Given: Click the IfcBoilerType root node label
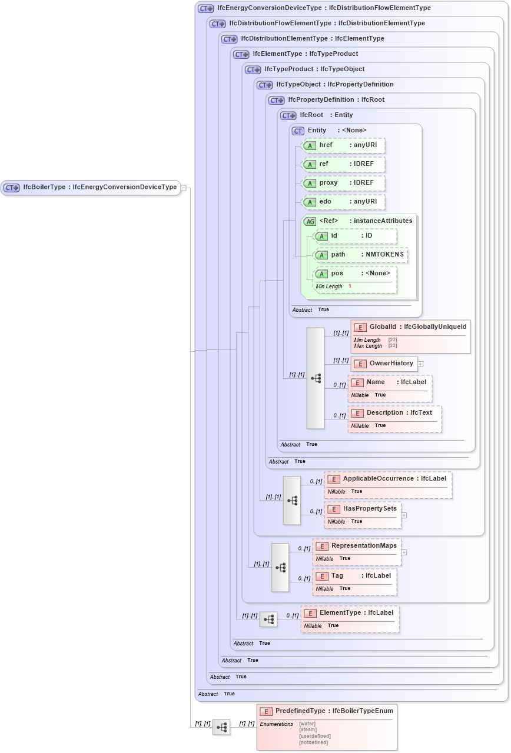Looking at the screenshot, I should click(91, 187).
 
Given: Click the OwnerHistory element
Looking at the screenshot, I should click(384, 364).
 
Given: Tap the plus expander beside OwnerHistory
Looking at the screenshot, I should click(420, 364).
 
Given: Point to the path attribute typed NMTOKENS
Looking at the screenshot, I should click(360, 255).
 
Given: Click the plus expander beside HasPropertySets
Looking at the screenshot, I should click(404, 515).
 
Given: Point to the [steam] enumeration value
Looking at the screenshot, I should click(308, 729).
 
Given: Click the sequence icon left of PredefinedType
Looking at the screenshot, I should click(221, 728).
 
